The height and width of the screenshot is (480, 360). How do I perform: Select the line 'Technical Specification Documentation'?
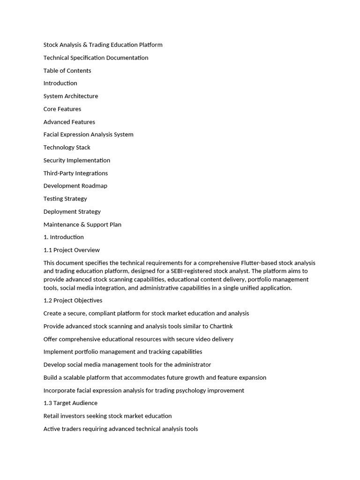pos(96,58)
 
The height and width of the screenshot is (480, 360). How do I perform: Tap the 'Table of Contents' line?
pos(67,71)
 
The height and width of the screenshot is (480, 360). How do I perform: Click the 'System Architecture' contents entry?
pos(71,96)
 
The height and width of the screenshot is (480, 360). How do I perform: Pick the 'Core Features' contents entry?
pos(62,109)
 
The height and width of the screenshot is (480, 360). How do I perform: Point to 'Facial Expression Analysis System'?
pos(88,135)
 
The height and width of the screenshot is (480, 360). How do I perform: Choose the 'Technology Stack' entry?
pos(67,147)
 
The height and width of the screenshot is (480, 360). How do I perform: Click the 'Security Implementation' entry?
pos(77,160)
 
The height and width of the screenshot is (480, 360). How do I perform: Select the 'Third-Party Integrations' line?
pos(75,173)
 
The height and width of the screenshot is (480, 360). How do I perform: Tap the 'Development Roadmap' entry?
pos(75,186)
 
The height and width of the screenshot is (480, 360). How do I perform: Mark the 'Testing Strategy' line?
pos(65,199)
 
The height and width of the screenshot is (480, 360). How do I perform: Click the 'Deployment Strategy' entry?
pos(72,211)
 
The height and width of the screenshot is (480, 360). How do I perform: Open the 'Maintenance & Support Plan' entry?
pos(82,225)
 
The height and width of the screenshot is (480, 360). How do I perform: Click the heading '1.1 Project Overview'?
pos(71,250)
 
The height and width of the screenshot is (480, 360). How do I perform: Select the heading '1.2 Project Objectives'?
pos(73,300)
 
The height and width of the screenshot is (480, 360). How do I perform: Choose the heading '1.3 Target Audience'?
pos(70,403)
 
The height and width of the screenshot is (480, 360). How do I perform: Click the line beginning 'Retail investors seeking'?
pos(107,416)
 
